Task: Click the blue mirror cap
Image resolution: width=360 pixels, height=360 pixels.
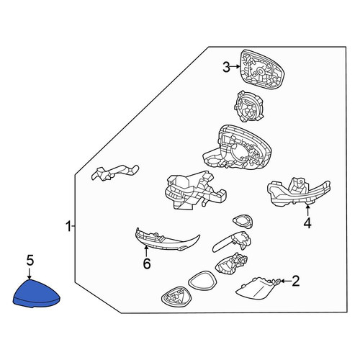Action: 36,294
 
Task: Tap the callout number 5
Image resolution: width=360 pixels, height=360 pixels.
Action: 30,261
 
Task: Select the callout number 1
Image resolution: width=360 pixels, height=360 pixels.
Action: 68,227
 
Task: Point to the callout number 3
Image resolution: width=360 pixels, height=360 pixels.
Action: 226,67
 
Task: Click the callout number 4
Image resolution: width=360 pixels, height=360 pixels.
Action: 307,223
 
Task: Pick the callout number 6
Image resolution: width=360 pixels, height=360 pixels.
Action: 147,264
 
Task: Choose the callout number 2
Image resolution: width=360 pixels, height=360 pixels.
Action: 295,281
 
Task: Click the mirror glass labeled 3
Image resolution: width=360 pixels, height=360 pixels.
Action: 262,70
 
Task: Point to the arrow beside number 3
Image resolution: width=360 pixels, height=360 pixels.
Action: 235,67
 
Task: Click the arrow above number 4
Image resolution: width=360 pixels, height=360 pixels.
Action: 307,211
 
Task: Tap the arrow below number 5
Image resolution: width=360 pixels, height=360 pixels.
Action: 30,274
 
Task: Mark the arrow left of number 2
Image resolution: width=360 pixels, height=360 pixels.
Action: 286,281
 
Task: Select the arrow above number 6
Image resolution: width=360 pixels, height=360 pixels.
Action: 146,251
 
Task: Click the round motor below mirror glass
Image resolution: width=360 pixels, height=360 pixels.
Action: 249,107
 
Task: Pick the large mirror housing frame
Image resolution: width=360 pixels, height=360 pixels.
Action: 237,149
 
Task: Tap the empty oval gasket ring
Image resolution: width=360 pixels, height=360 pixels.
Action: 203,281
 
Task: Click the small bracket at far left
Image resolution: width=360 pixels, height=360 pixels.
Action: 114,172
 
